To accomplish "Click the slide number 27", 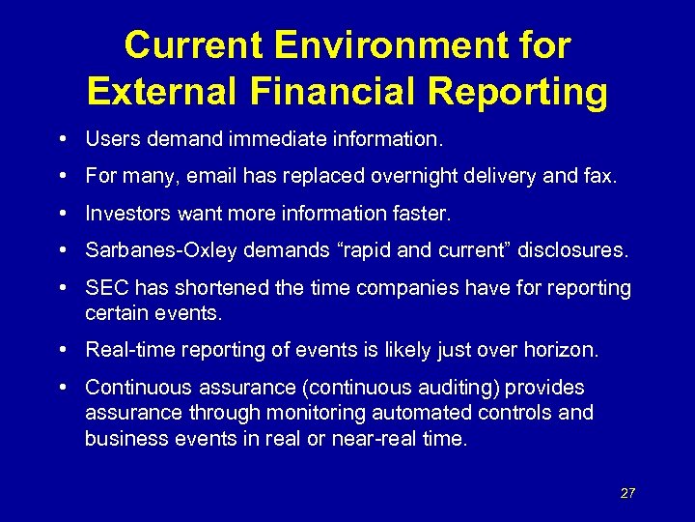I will coord(627,493).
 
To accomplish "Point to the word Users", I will coord(110,139).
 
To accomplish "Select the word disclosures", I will coord(572,250).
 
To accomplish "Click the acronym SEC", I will coord(105,288).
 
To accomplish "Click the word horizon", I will coord(563,350).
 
